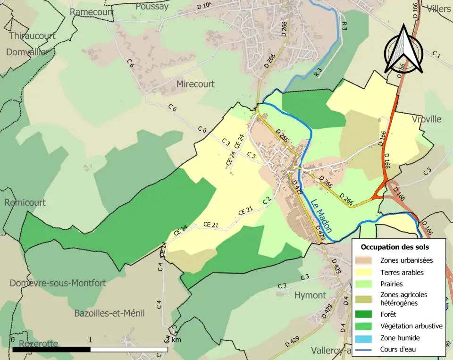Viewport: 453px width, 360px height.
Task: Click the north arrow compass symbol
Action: click(x=403, y=50)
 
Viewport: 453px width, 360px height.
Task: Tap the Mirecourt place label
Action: click(x=195, y=84)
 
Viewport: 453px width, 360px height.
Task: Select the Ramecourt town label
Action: click(x=92, y=12)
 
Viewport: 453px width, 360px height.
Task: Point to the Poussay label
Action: click(x=152, y=6)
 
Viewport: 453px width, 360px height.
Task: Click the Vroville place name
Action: click(x=426, y=119)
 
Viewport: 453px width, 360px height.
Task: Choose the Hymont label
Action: click(x=310, y=295)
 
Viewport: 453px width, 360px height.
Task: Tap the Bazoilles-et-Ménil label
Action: click(x=109, y=313)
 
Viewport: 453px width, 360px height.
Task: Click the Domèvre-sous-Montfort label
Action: click(x=58, y=283)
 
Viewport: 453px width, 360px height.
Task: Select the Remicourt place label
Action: click(x=25, y=202)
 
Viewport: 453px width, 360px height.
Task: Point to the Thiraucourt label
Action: click(x=32, y=36)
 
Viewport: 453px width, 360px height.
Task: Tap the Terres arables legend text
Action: click(x=402, y=272)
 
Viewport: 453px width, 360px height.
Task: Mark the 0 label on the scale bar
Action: click(x=13, y=340)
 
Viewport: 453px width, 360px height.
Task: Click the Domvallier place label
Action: click(x=27, y=52)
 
